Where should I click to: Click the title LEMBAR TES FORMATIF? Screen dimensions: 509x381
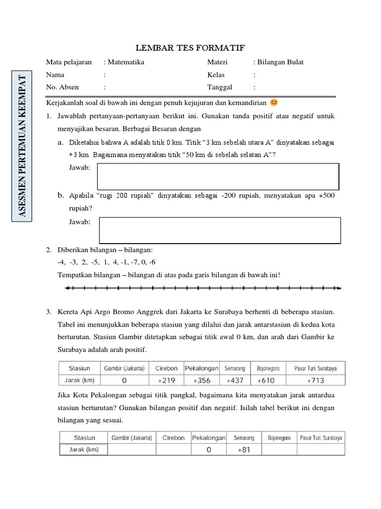click(190, 48)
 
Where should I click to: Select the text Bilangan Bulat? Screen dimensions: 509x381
click(280, 62)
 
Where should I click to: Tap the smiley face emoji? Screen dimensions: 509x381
click(274, 103)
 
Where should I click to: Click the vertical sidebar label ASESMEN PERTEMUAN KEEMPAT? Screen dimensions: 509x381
click(22, 147)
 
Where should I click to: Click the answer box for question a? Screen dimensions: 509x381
click(218, 176)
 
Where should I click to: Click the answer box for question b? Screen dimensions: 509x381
click(220, 230)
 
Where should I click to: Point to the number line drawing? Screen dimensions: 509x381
click(204, 288)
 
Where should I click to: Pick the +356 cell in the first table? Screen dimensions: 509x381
click(202, 380)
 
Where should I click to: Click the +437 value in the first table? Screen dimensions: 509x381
click(236, 380)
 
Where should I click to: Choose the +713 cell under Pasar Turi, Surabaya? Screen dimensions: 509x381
click(316, 380)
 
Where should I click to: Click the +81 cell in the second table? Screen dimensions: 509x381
click(243, 449)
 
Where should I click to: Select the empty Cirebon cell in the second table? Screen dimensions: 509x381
click(173, 449)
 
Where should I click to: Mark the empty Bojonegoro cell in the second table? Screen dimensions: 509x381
click(279, 449)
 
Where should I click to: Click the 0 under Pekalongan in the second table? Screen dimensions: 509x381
click(209, 449)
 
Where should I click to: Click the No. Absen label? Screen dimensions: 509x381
click(63, 87)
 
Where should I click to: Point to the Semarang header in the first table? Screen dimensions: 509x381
click(236, 368)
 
